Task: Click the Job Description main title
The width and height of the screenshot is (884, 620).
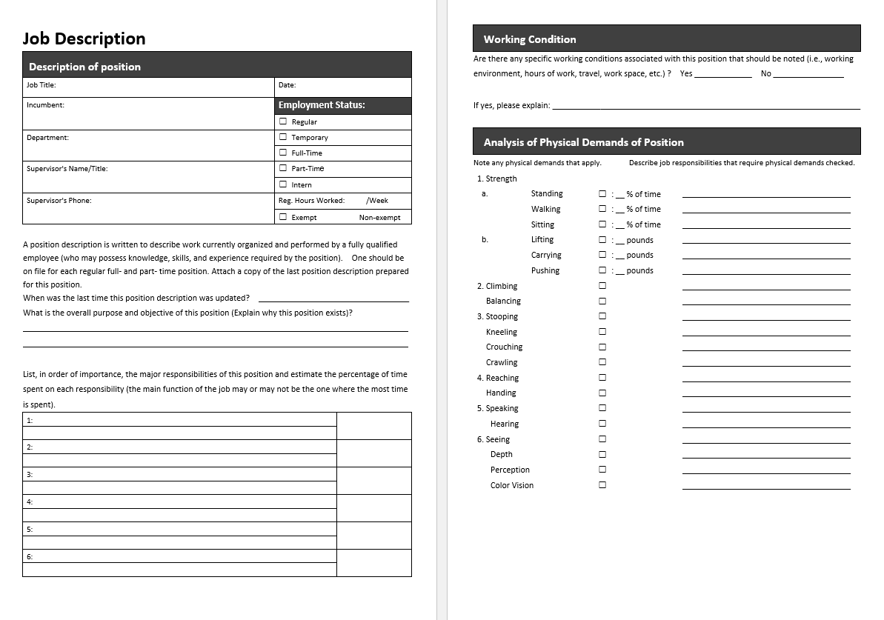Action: (84, 39)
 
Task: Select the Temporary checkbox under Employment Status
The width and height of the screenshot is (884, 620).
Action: (283, 137)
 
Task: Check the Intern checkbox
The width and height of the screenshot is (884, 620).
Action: (283, 184)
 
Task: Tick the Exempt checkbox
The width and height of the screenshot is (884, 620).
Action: (283, 217)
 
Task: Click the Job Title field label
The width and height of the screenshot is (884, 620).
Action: (41, 85)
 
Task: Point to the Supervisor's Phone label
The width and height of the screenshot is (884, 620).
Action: (59, 201)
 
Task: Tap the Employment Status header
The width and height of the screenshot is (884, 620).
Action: (322, 105)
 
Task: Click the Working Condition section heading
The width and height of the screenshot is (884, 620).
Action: (529, 39)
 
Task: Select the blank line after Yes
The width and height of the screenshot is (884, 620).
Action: (722, 74)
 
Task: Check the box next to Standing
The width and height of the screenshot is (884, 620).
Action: (602, 194)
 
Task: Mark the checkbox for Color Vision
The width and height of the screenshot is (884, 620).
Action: (602, 486)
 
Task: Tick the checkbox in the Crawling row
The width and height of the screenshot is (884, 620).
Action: (602, 363)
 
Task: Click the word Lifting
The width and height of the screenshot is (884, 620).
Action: (542, 240)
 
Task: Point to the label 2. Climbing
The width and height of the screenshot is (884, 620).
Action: (497, 286)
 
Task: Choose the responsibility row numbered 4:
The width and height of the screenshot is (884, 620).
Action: (179, 501)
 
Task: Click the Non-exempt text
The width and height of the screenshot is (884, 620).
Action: (379, 218)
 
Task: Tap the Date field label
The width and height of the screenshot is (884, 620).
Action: (288, 85)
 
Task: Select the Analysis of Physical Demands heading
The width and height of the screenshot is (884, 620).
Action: (583, 142)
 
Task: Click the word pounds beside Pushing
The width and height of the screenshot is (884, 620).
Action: (639, 271)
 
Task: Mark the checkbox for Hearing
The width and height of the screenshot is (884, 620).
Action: (602, 424)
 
